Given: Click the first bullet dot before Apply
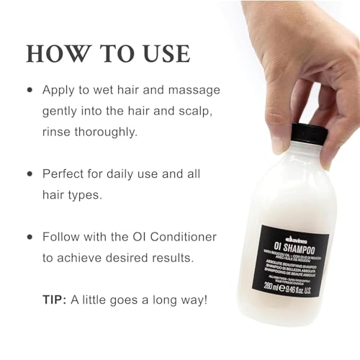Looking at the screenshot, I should point(30,91).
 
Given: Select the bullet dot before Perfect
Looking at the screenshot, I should point(30,175).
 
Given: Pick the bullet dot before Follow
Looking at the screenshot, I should point(30,237).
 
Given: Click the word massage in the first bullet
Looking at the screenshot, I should point(193,91).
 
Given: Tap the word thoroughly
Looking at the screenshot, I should point(106,133).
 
